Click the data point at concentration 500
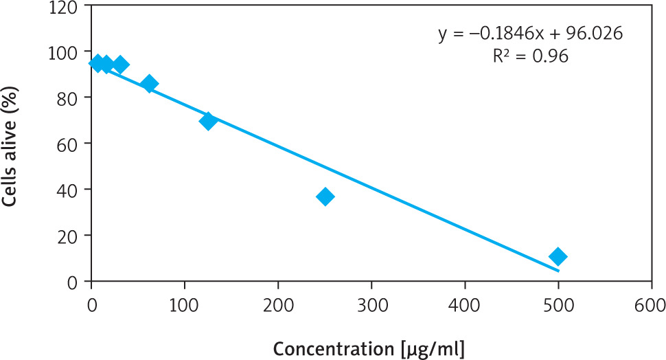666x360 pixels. pos(558,257)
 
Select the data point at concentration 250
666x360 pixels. pos(325,196)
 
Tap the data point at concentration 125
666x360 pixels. pos(208,121)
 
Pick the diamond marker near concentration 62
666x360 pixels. pos(150,84)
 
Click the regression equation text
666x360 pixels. pos(531,34)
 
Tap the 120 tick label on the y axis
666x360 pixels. pos(67,6)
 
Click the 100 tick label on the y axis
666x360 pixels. pos(67,52)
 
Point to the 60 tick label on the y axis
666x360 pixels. pos(71,144)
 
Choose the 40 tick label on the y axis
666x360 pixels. pos(71,189)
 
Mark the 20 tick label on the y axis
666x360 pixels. pos(71,235)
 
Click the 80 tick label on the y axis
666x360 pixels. pos(71,98)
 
